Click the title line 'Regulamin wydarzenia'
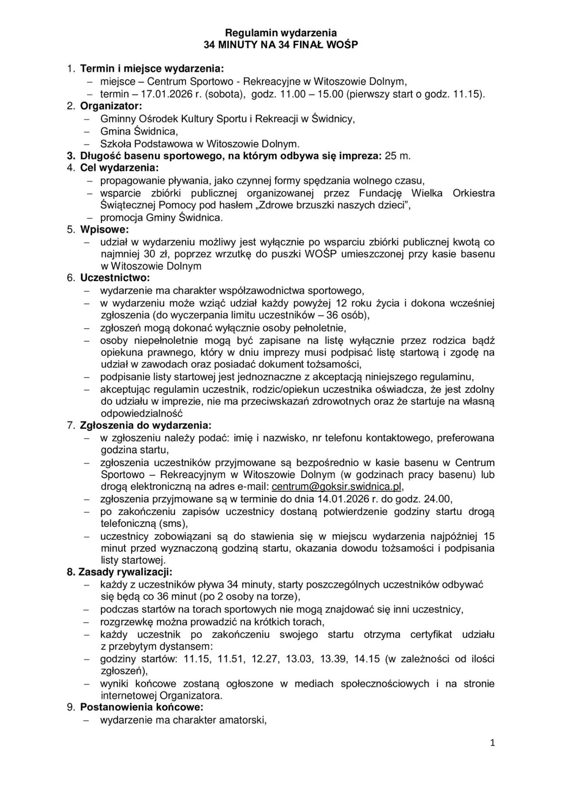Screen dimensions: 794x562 [x=281, y=33]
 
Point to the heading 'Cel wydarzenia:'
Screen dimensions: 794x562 [x=119, y=168]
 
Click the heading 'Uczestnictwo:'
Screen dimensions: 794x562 [x=115, y=278]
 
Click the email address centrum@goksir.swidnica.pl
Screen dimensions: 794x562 [x=336, y=486]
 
